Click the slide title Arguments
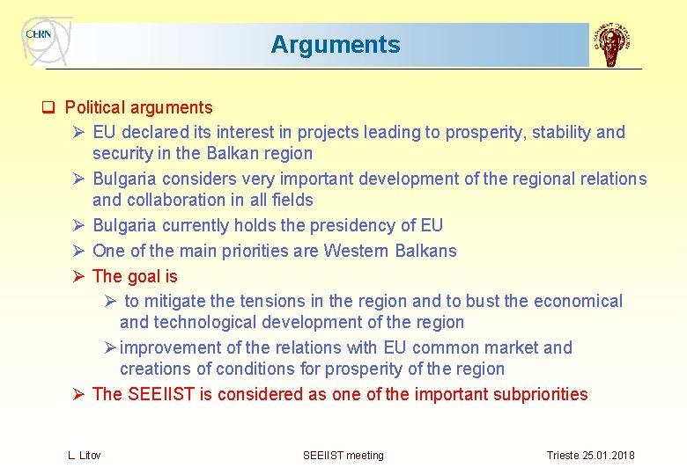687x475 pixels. click(x=335, y=45)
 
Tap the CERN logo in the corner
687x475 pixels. click(x=41, y=36)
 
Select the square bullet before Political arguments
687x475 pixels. click(x=50, y=108)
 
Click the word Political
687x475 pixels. click(x=95, y=108)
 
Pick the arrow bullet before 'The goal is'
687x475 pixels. click(x=78, y=277)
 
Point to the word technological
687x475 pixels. click(x=206, y=323)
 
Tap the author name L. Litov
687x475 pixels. click(x=84, y=455)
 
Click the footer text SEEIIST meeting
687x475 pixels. click(x=343, y=455)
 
